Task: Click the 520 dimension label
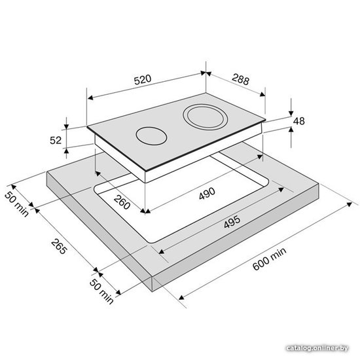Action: coord(143,80)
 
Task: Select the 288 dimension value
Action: coord(240,79)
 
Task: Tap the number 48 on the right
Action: coord(299,121)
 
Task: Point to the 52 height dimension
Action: coord(56,140)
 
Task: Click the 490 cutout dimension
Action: coord(207,193)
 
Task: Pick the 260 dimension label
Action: coord(122,202)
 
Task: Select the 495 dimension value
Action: coord(232,222)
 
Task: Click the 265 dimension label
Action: coord(59,246)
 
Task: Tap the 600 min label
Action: coord(269,259)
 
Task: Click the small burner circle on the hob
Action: coord(151,136)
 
